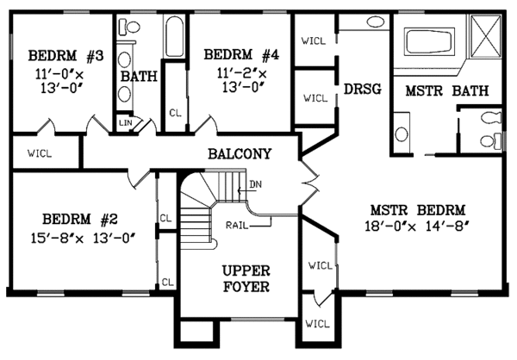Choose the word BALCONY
click(240, 154)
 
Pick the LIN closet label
click(122, 124)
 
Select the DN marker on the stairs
click(255, 184)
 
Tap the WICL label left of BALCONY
click(38, 156)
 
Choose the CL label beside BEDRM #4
click(175, 112)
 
